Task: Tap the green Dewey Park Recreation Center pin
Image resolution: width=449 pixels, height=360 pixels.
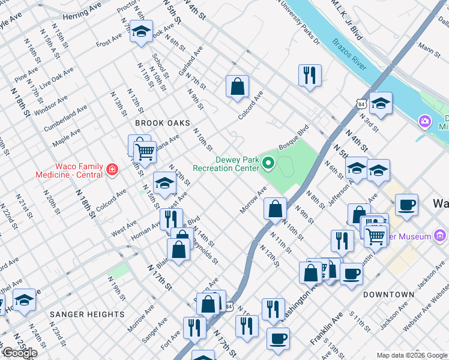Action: click(268, 163)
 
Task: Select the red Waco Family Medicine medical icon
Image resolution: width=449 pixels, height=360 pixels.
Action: click(110, 170)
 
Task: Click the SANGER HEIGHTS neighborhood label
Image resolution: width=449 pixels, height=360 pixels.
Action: click(87, 314)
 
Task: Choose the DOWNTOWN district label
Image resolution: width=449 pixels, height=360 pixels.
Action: click(388, 295)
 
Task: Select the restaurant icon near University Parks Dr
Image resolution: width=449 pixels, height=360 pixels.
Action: click(309, 75)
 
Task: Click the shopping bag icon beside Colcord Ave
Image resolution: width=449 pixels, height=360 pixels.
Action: click(237, 86)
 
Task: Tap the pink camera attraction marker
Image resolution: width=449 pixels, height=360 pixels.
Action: click(425, 122)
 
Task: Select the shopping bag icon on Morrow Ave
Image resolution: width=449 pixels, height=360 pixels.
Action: click(275, 209)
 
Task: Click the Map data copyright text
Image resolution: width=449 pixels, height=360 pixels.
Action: click(411, 355)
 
